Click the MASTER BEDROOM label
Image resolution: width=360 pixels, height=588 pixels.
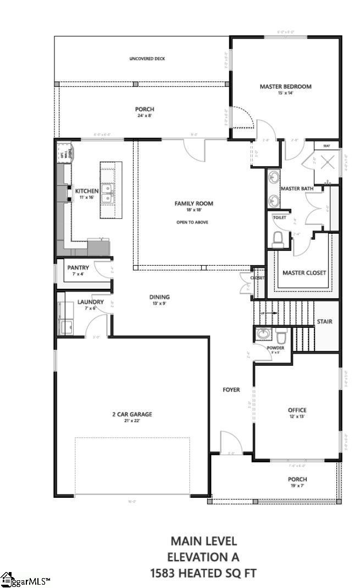click(285, 86)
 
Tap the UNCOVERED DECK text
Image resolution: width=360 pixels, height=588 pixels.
click(147, 59)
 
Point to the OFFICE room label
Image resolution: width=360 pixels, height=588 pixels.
click(297, 410)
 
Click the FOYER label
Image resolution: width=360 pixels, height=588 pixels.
click(231, 389)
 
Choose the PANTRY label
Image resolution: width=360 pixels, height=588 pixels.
click(78, 268)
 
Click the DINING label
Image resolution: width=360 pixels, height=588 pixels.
click(159, 297)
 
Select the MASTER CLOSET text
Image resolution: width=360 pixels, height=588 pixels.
click(304, 273)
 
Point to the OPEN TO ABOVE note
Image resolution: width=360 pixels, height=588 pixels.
click(192, 222)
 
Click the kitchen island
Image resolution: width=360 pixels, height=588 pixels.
click(110, 190)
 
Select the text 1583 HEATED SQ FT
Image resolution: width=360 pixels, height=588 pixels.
click(203, 573)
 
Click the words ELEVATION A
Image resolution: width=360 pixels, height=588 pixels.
click(203, 557)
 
